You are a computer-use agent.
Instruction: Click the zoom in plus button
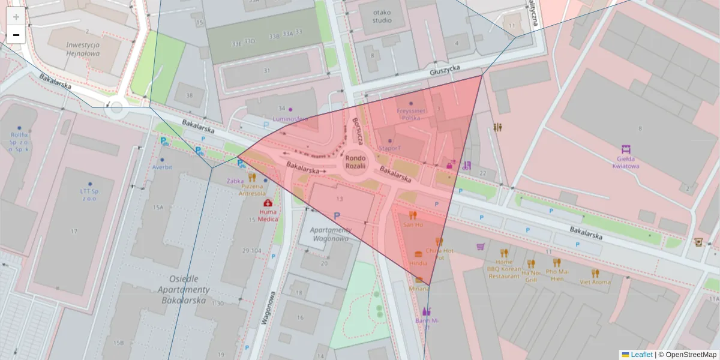(16, 17)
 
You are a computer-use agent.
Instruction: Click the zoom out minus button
(16, 35)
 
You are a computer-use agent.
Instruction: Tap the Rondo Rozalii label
(355, 162)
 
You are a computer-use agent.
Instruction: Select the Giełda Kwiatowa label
(624, 163)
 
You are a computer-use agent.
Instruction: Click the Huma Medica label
(268, 215)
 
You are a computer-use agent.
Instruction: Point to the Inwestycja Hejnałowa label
(83, 49)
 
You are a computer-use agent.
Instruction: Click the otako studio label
(382, 16)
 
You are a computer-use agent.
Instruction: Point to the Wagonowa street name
(268, 308)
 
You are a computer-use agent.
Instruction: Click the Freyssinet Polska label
(411, 114)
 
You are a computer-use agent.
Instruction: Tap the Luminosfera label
(290, 119)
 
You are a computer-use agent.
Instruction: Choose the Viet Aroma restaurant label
(595, 281)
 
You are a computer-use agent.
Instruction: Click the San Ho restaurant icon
(413, 215)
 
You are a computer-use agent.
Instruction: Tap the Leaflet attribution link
(641, 355)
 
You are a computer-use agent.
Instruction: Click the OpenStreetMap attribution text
(687, 355)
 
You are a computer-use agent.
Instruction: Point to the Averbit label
(162, 167)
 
